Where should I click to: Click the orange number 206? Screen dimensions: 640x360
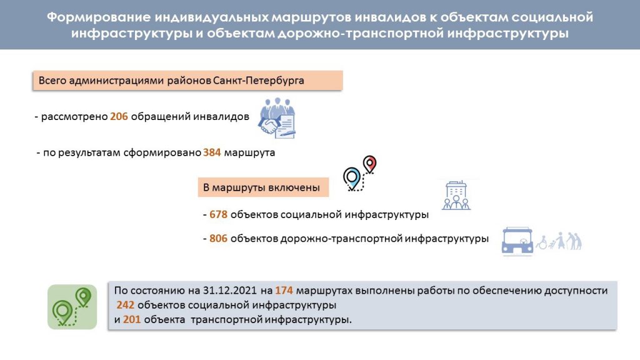[x=119, y=116]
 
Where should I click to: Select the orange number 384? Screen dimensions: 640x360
[x=212, y=152]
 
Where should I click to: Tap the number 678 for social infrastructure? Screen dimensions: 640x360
[x=218, y=214]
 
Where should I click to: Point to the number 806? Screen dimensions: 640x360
[x=218, y=238]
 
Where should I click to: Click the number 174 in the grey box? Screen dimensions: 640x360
[x=284, y=290]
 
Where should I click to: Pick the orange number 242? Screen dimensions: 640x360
[x=125, y=305]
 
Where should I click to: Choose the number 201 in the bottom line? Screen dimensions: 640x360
[x=132, y=319]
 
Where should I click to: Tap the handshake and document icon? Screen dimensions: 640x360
[x=277, y=118]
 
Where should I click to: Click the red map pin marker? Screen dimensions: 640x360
[x=370, y=164]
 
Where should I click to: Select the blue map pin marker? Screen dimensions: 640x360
[x=352, y=178]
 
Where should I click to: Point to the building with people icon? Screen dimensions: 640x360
[x=456, y=196]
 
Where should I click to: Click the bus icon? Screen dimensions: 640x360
[x=517, y=241]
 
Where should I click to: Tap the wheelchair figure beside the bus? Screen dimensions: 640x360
[x=542, y=243]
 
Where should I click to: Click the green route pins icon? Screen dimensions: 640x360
[x=72, y=307]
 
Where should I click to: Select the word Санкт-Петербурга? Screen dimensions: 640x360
[x=258, y=81]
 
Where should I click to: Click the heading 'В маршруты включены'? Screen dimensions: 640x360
[x=261, y=187]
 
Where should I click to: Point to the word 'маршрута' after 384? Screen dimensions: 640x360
[x=250, y=152]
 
